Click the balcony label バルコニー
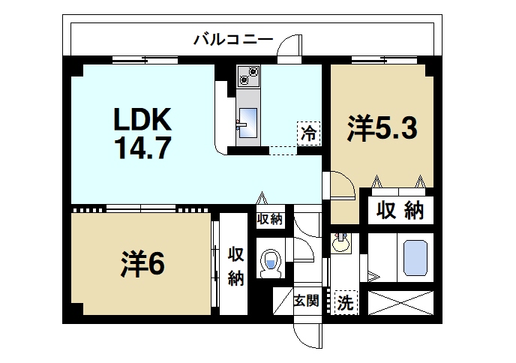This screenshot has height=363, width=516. pos(233,39)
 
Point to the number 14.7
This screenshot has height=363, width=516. pos(142,145)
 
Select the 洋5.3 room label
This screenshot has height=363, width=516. pos(380,129)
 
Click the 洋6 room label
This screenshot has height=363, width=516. pos(142,264)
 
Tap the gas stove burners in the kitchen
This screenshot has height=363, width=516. pos(247,76)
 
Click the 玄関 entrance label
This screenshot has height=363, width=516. pos(306,301)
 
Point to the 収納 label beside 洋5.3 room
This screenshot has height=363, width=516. pos(400,210)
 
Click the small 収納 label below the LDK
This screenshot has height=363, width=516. pos(269,220)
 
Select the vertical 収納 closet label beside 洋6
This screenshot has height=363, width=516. pos(235,265)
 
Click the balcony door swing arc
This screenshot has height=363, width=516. pos(289,49)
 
